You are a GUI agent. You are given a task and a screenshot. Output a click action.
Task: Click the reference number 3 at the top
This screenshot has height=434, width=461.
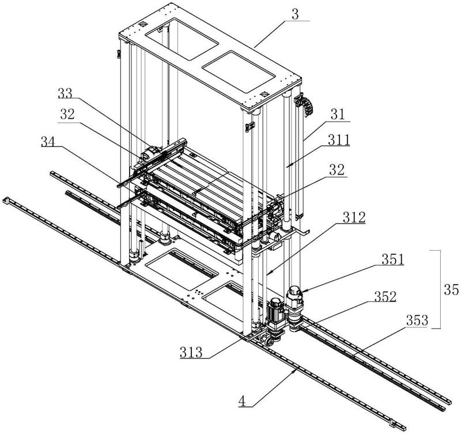click(295, 14)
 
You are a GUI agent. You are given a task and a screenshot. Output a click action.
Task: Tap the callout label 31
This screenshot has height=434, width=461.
click(338, 114)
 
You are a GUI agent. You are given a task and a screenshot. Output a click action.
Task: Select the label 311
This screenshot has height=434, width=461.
click(339, 140)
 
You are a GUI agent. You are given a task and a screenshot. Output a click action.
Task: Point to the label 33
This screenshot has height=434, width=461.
click(65, 93)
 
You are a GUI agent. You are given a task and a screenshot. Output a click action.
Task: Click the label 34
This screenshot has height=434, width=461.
click(48, 142)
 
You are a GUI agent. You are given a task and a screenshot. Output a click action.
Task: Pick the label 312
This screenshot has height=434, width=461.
click(354, 217)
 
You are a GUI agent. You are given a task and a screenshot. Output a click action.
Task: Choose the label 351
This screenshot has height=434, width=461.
click(393, 259)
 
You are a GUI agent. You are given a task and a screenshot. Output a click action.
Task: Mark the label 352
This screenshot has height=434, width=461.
click(385, 297)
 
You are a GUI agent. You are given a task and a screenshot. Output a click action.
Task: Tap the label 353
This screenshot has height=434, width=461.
click(417, 320)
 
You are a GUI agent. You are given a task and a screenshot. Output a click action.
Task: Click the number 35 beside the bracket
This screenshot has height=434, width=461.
click(451, 290)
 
